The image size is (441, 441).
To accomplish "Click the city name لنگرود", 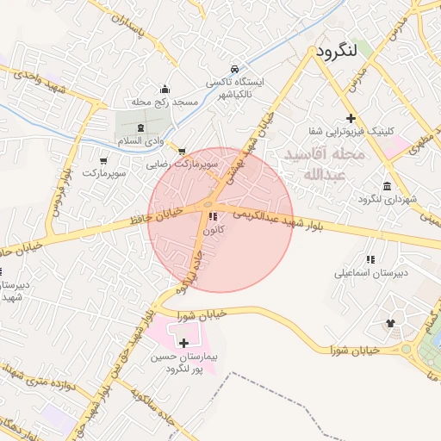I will coord(336,52).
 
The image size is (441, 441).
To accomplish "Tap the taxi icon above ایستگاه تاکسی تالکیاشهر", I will coord(235,68).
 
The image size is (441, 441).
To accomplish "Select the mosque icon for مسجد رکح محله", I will coord(165,89).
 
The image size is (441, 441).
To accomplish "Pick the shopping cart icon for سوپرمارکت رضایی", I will coord(181,152).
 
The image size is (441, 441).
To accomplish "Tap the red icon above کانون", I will coord(213,216).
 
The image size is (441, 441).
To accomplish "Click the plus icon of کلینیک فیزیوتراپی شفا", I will coord(350,118).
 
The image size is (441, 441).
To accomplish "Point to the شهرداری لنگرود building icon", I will coord(387,187).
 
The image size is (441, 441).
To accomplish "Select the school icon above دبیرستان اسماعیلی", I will coord(370,258).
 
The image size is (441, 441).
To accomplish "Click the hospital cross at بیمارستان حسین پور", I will coord(183,343).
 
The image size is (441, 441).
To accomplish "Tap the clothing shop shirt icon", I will coord(390,323).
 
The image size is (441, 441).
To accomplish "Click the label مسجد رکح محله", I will coord(165,102).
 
